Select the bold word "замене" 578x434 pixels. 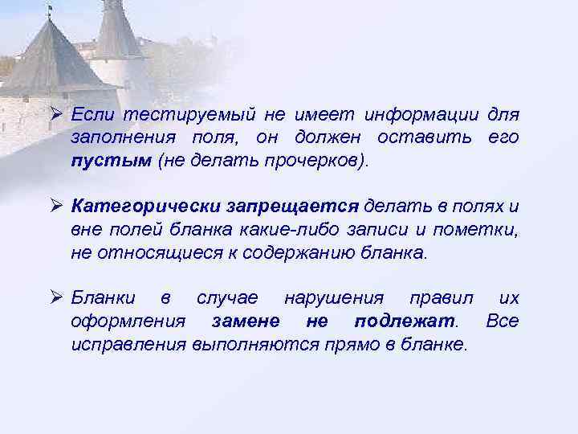246,321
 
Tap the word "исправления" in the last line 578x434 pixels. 128,343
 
